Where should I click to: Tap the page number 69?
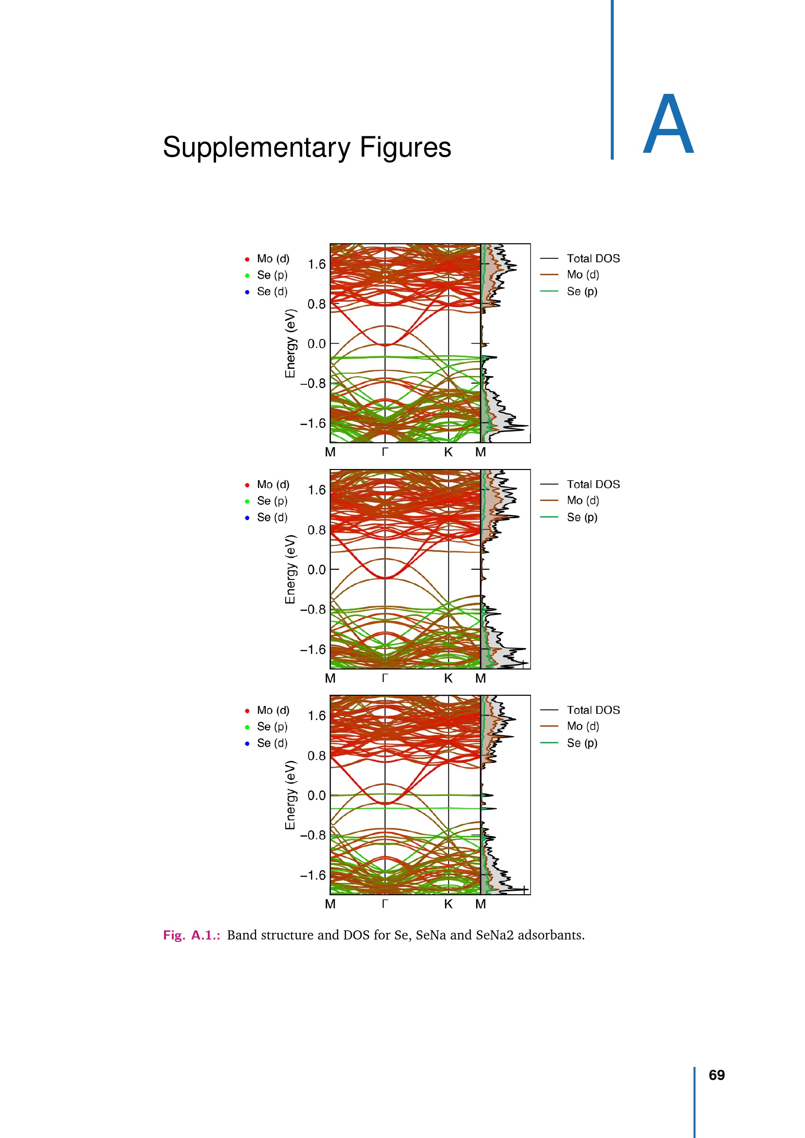click(716, 1075)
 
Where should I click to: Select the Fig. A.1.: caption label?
click(192, 935)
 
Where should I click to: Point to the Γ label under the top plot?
click(384, 452)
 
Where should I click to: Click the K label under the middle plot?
click(448, 678)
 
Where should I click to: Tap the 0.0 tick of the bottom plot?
click(316, 795)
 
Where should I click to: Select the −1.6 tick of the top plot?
click(313, 423)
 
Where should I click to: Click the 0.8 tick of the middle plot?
click(316, 530)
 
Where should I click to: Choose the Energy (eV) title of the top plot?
click(290, 343)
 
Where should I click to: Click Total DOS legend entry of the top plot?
click(593, 258)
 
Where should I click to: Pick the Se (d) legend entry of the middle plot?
click(272, 517)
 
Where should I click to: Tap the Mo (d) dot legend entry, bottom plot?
click(273, 710)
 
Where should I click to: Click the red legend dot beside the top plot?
click(247, 259)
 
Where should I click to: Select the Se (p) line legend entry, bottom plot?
click(582, 743)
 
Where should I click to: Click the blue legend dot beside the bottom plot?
click(247, 743)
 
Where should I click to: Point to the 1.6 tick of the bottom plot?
click(316, 716)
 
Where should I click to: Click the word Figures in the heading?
click(405, 148)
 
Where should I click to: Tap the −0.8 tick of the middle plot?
click(313, 609)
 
